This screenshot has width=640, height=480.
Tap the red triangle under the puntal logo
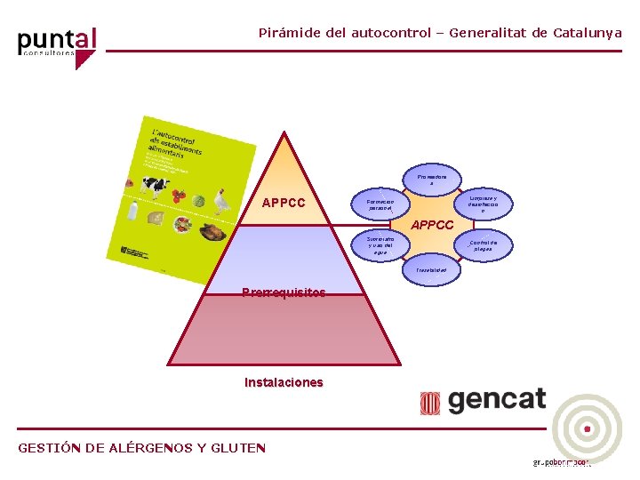click(x=84, y=60)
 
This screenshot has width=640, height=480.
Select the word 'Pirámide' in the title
click(x=289, y=33)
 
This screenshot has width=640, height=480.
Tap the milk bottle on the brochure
click(x=132, y=211)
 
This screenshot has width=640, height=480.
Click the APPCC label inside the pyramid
click(x=284, y=203)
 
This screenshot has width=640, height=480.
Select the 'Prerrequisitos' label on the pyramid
click(x=284, y=292)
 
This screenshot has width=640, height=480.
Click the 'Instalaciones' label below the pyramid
click(x=284, y=382)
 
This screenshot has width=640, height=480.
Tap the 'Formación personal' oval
click(x=379, y=204)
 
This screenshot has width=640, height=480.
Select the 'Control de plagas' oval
click(x=483, y=245)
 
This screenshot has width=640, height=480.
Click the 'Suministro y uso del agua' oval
click(x=379, y=245)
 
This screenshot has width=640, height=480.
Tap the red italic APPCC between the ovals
click(x=432, y=226)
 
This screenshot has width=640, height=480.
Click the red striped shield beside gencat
click(x=430, y=403)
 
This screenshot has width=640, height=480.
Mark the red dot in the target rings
click(x=587, y=429)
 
